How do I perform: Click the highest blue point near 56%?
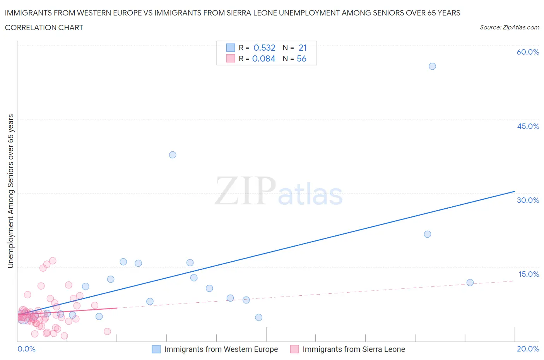432,66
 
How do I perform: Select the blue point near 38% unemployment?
173,155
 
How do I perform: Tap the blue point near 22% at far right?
428,234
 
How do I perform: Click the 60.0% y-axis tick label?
528,52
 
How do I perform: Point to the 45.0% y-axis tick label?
528,126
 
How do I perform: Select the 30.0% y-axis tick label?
528,200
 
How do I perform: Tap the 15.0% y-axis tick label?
529,274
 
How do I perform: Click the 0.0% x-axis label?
26,349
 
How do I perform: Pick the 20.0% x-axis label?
528,349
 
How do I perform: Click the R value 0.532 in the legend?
264,48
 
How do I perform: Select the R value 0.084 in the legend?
263,58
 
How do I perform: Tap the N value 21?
303,48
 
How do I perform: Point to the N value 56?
301,58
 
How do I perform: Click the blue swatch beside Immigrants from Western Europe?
156,349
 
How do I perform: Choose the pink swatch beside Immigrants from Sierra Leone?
294,349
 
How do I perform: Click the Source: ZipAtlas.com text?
509,27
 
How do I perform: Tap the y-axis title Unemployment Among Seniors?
10,191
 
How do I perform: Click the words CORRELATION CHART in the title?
44,27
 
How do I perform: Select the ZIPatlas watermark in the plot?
279,191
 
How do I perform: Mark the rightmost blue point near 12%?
470,283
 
